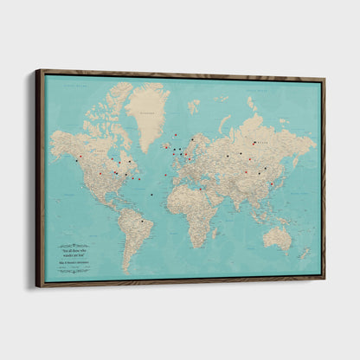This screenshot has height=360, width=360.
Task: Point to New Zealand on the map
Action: click(x=304, y=253)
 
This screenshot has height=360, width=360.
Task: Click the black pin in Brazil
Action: click(x=142, y=222)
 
